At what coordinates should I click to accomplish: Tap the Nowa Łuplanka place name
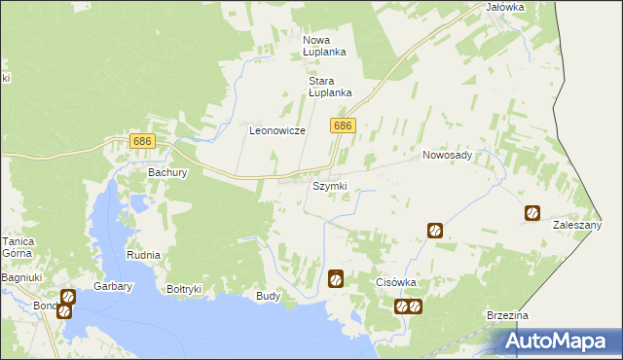point(324,45)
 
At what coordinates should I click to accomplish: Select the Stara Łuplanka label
point(329,87)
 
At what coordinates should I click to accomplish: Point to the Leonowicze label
point(277,130)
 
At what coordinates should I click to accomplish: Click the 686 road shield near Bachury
point(142,142)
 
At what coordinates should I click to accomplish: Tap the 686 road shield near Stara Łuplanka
point(343,126)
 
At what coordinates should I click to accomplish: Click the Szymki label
point(329,186)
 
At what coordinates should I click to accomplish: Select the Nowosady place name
point(447,155)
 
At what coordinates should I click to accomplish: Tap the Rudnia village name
point(143,255)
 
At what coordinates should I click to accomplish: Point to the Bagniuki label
point(20,278)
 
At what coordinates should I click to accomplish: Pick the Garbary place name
point(112,287)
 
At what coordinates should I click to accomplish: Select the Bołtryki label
point(184,289)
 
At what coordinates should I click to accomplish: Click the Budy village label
point(268,295)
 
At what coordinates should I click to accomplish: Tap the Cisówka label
point(396,282)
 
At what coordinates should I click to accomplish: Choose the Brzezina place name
point(507,316)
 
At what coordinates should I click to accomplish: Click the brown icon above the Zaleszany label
point(532,213)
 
